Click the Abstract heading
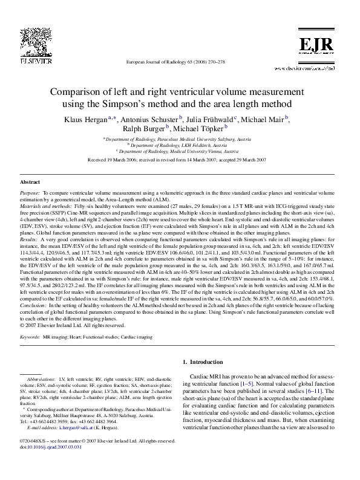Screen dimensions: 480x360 click(x=30, y=182)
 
